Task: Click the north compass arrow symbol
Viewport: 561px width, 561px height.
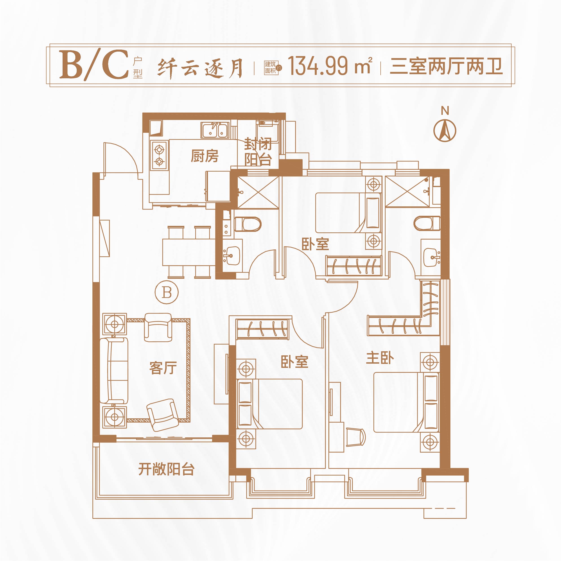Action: tap(445, 131)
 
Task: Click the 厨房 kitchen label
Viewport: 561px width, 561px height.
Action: tap(205, 156)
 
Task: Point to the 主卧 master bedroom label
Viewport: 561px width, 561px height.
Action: tap(380, 358)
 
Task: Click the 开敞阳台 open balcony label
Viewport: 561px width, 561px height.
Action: tap(166, 469)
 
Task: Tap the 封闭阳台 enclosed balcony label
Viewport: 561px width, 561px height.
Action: tap(258, 151)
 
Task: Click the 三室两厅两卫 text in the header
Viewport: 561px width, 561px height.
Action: tap(446, 66)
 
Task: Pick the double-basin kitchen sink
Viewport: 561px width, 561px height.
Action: tap(215, 130)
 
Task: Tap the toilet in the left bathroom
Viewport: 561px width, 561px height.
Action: tap(248, 224)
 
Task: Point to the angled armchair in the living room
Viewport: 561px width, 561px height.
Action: tap(163, 415)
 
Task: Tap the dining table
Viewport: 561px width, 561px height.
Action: tap(189, 252)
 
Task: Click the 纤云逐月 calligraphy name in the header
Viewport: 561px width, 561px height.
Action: tap(200, 68)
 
